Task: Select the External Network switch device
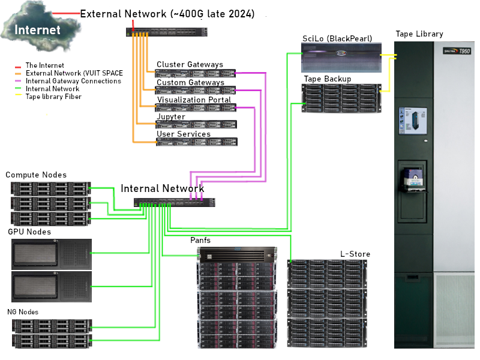pos(166,32)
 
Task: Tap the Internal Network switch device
pos(174,202)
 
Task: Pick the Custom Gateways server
pos(196,91)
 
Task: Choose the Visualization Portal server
pos(196,107)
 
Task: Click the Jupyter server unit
pos(196,124)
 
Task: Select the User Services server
pos(196,142)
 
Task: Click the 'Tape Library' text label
pos(419,34)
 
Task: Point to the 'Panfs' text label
pos(200,241)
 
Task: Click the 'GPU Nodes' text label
pos(29,232)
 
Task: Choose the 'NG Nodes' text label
pos(23,312)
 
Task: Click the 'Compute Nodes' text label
pos(36,175)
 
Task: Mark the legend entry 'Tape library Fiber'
pos(53,97)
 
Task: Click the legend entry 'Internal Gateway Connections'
pos(73,81)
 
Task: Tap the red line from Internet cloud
pos(66,13)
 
